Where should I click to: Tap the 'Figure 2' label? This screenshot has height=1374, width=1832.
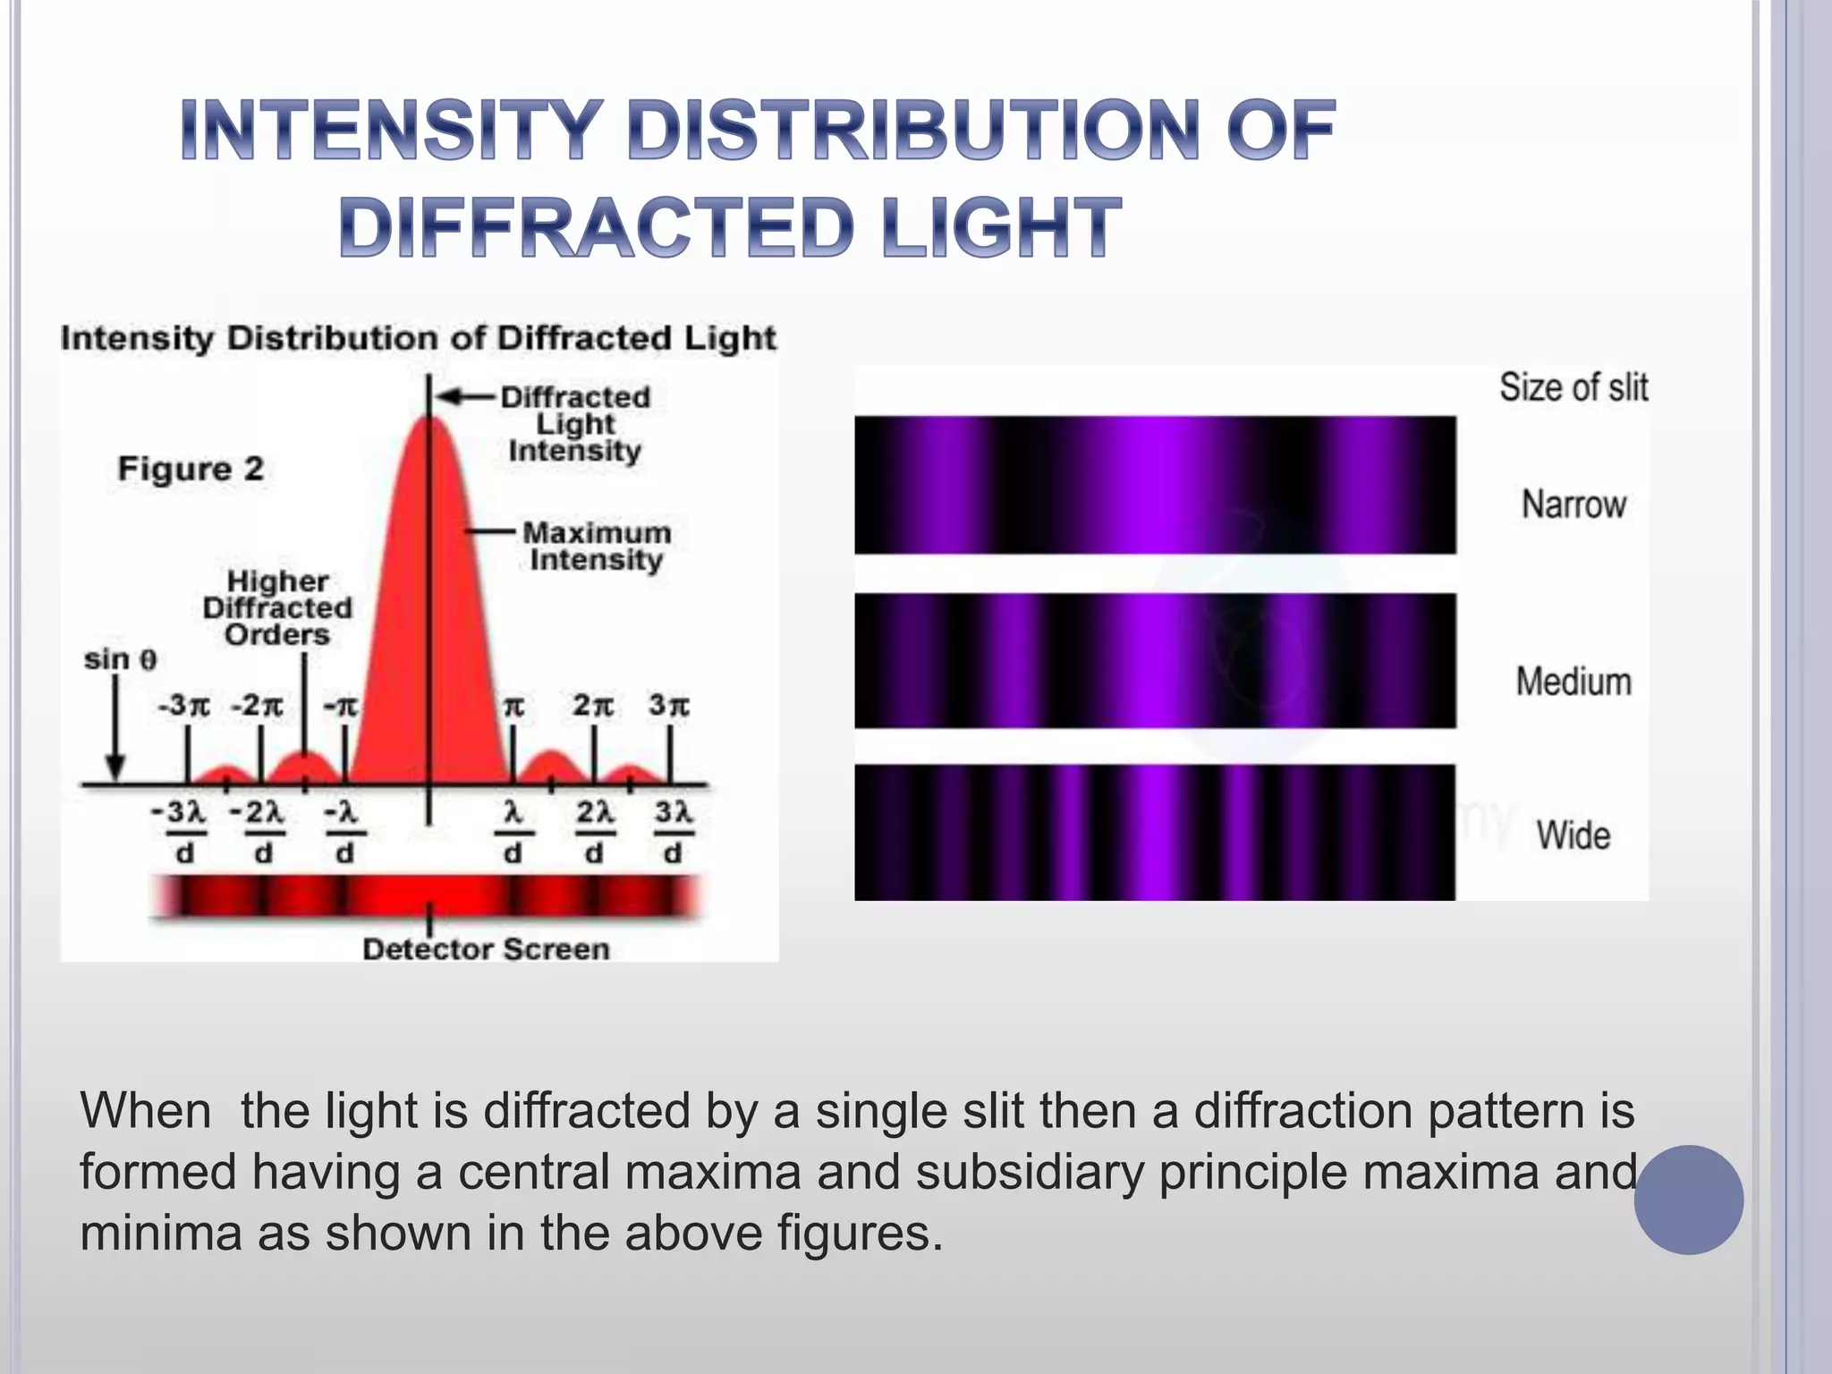coord(191,469)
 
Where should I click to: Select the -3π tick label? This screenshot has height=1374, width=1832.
coord(183,706)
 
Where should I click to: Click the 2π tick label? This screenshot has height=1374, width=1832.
coord(593,706)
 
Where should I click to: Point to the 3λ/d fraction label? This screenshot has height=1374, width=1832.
coord(673,832)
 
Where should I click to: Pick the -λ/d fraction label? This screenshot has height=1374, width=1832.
coord(344,832)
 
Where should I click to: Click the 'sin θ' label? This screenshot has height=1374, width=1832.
coord(120,660)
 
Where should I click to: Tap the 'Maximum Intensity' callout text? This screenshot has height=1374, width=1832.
coord(596,546)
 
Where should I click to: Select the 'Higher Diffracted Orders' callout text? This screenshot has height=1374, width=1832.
coord(277,608)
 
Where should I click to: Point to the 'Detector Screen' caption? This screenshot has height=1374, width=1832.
coord(486,949)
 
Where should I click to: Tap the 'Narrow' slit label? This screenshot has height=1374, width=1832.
coord(1573,505)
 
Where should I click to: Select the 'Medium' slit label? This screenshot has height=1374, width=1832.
coord(1573,682)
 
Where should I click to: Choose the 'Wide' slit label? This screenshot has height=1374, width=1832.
coord(1573,835)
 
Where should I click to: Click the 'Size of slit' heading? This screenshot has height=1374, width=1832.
coord(1573,387)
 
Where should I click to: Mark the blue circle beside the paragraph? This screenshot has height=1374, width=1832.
coord(1688,1200)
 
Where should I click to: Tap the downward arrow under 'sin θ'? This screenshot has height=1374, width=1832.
coord(114,729)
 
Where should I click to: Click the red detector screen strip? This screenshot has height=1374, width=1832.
coord(428,895)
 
